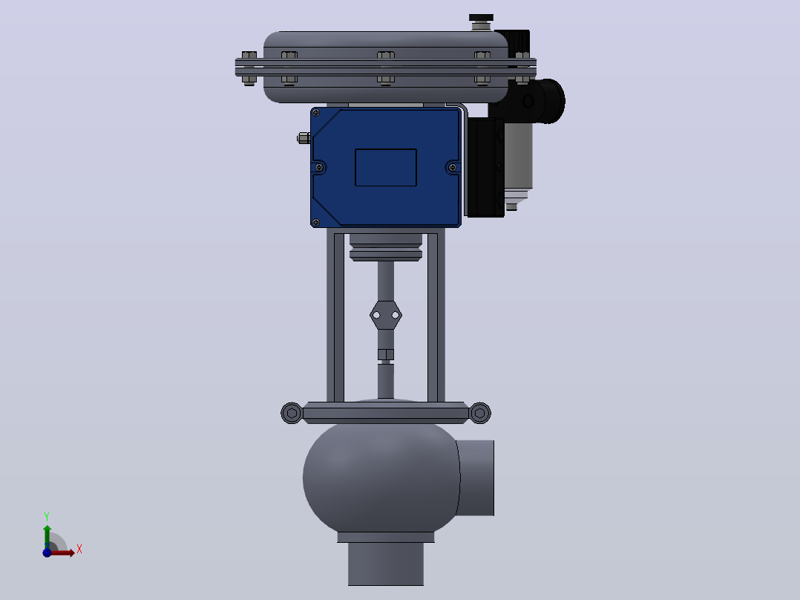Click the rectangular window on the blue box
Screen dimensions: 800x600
(x=386, y=168)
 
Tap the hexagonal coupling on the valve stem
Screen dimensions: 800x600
(x=386, y=315)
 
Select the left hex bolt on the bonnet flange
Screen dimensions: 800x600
(x=292, y=413)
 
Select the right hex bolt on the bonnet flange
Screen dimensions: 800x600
(x=479, y=413)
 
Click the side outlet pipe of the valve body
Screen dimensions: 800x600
(x=476, y=478)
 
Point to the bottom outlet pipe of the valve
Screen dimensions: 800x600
(x=386, y=564)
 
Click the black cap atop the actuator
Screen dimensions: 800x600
(x=481, y=18)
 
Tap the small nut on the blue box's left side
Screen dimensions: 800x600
(x=304, y=138)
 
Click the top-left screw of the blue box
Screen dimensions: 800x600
(x=316, y=112)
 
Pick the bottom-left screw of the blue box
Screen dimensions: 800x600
(x=316, y=222)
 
